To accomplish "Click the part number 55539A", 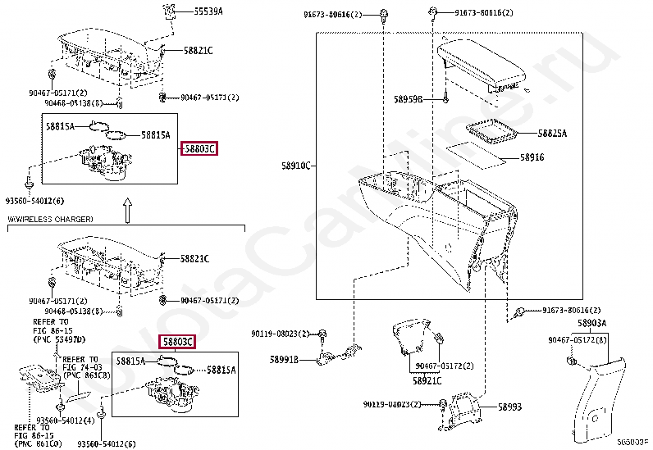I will [x=208, y=11].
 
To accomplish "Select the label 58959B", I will [x=407, y=100].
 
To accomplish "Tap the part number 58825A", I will [x=552, y=133].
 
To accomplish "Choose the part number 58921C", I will [x=427, y=380].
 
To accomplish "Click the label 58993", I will [x=509, y=407].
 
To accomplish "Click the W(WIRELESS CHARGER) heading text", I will [x=51, y=219].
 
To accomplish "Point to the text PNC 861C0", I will [x=36, y=443].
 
